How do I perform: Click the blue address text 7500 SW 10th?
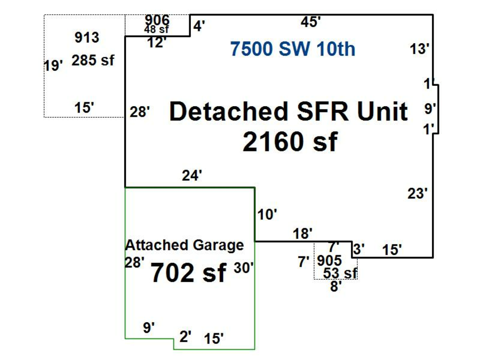tap(292, 49)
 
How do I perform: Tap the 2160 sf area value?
tap(290, 142)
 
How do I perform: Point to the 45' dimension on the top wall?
tap(310, 22)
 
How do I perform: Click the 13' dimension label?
tap(420, 49)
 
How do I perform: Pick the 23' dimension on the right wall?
tap(418, 194)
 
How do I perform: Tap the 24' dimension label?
tap(192, 175)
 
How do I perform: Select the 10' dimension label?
tap(267, 214)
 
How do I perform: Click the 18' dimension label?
tap(302, 234)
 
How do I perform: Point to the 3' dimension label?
tap(359, 249)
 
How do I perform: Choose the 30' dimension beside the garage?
tap(244, 268)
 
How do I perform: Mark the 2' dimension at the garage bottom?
tap(185, 337)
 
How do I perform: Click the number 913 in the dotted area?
tap(86, 37)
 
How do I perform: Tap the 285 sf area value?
tap(93, 60)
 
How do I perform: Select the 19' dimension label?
tap(53, 66)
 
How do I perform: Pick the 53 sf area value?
tap(340, 274)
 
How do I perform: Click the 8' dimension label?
tap(335, 286)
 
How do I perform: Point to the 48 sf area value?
tap(156, 29)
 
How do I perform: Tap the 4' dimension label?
tap(199, 26)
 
